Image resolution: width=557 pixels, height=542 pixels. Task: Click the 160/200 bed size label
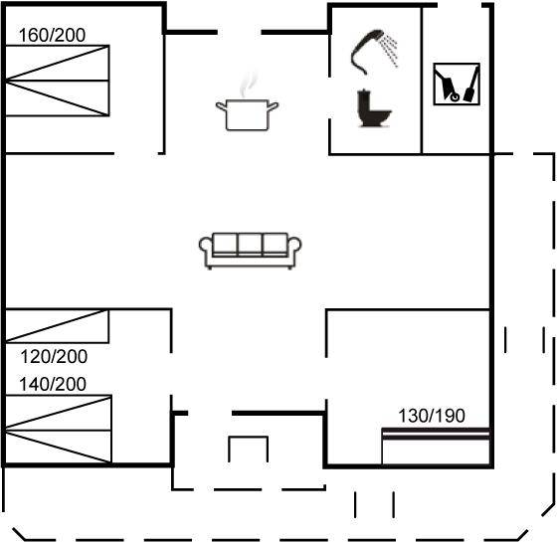coord(52,35)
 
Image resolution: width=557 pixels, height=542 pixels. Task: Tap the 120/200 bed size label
coord(54,357)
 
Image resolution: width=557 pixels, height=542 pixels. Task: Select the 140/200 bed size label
coord(53,384)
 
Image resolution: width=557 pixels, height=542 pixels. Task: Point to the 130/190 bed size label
coord(432,416)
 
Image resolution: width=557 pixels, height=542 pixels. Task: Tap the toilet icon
coord(373,108)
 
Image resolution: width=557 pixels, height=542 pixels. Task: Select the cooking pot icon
coord(248,114)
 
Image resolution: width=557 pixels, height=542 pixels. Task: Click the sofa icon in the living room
coord(250,251)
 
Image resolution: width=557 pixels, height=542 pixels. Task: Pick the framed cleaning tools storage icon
coord(457,84)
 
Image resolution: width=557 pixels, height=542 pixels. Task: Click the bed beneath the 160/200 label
coord(58,81)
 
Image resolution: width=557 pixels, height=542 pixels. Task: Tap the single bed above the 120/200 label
coord(57,326)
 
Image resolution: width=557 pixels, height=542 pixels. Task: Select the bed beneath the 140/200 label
coord(59,429)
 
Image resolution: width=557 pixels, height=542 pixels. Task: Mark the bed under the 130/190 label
coord(436,447)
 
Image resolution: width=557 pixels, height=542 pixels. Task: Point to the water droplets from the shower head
coord(389,51)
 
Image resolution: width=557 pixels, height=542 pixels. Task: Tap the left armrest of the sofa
coord(206,248)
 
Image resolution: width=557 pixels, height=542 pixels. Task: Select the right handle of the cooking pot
coord(273,105)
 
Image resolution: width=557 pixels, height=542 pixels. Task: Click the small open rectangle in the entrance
coord(249,438)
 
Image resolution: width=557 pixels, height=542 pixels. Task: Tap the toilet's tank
coord(364,100)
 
